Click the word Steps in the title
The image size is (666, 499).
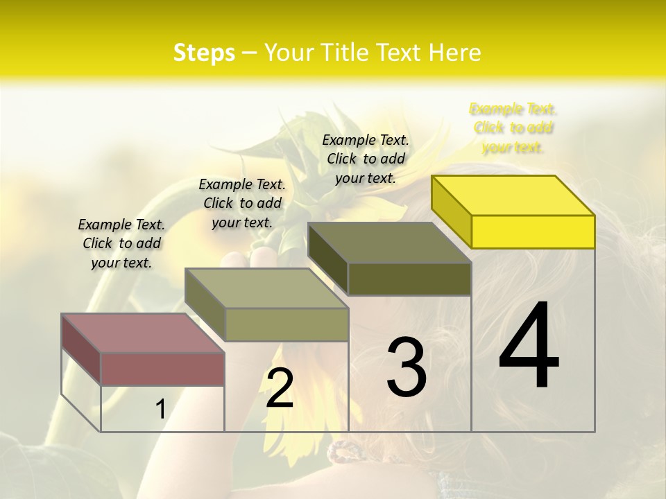click(204, 53)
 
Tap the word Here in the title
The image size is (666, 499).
click(455, 53)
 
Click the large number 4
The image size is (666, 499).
click(529, 347)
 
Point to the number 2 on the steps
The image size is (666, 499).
click(280, 388)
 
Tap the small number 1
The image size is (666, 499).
click(160, 410)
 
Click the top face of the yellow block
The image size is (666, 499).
click(512, 195)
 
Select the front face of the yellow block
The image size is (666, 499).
click(533, 231)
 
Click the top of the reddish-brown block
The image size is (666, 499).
click(142, 333)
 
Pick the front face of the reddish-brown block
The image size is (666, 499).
click(162, 369)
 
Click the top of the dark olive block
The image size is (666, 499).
click(389, 242)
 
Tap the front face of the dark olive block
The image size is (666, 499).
click(409, 279)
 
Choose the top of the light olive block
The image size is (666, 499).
click(266, 288)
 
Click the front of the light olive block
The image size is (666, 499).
click(287, 324)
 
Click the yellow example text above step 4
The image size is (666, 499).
click(513, 128)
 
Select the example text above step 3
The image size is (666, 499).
click(366, 159)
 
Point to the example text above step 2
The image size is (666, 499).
click(242, 203)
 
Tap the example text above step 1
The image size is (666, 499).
click(121, 243)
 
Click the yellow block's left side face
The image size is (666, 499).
click(451, 211)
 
